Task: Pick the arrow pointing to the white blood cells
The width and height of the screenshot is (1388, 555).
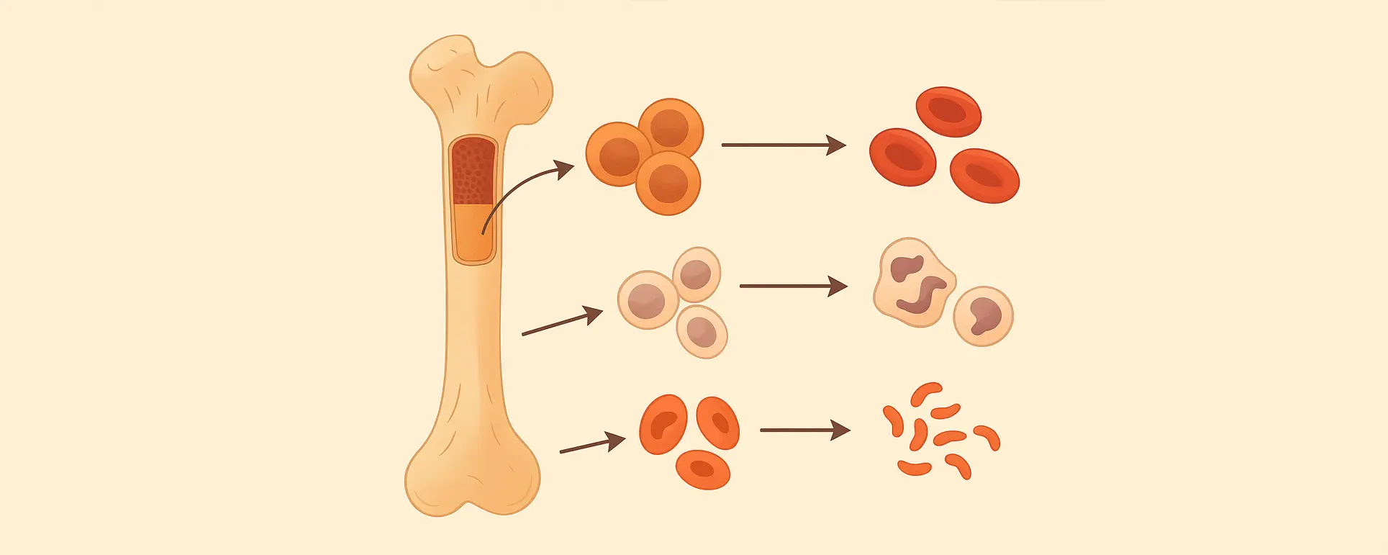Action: (x=792, y=286)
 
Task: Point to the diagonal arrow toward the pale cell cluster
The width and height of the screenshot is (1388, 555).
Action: (x=562, y=322)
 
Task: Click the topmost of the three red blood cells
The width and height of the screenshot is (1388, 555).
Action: (x=948, y=111)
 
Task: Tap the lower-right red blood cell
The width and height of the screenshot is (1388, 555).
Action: (x=984, y=175)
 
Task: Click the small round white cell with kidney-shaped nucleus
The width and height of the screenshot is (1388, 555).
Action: (x=983, y=315)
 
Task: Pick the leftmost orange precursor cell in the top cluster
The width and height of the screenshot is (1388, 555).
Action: (x=618, y=154)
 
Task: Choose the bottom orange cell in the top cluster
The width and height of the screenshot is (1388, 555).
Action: (x=668, y=183)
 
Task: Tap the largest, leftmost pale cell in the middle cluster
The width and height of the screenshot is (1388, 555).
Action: (x=647, y=300)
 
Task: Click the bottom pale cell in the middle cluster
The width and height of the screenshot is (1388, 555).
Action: (x=702, y=332)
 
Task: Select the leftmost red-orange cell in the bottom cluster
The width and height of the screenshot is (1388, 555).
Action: (x=663, y=425)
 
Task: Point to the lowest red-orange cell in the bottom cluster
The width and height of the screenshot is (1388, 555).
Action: (x=702, y=470)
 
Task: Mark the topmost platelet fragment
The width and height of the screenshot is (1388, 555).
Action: (x=925, y=393)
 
